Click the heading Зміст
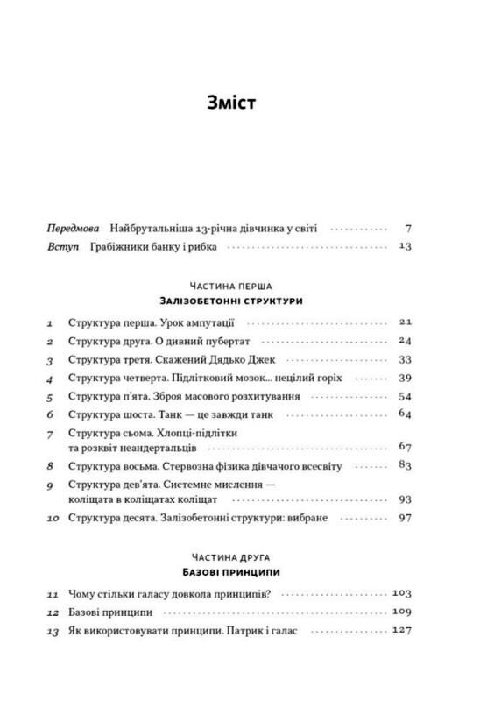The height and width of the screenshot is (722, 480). coord(231,103)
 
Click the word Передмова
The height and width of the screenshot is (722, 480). coord(74,227)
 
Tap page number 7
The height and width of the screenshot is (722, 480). coord(407,227)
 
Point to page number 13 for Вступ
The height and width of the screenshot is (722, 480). coord(404,247)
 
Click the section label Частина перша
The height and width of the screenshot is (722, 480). coord(230,286)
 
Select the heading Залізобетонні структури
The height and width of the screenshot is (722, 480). coord(230,301)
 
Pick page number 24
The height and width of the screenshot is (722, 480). coord(404,341)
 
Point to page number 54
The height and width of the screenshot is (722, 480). coord(404,396)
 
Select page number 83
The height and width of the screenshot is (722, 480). coord(404,465)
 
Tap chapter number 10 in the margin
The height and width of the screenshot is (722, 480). coord(52,520)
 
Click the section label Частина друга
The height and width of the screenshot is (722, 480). coord(230,557)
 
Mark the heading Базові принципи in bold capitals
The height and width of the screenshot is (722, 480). coord(230,572)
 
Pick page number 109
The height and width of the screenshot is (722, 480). coord(401,612)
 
